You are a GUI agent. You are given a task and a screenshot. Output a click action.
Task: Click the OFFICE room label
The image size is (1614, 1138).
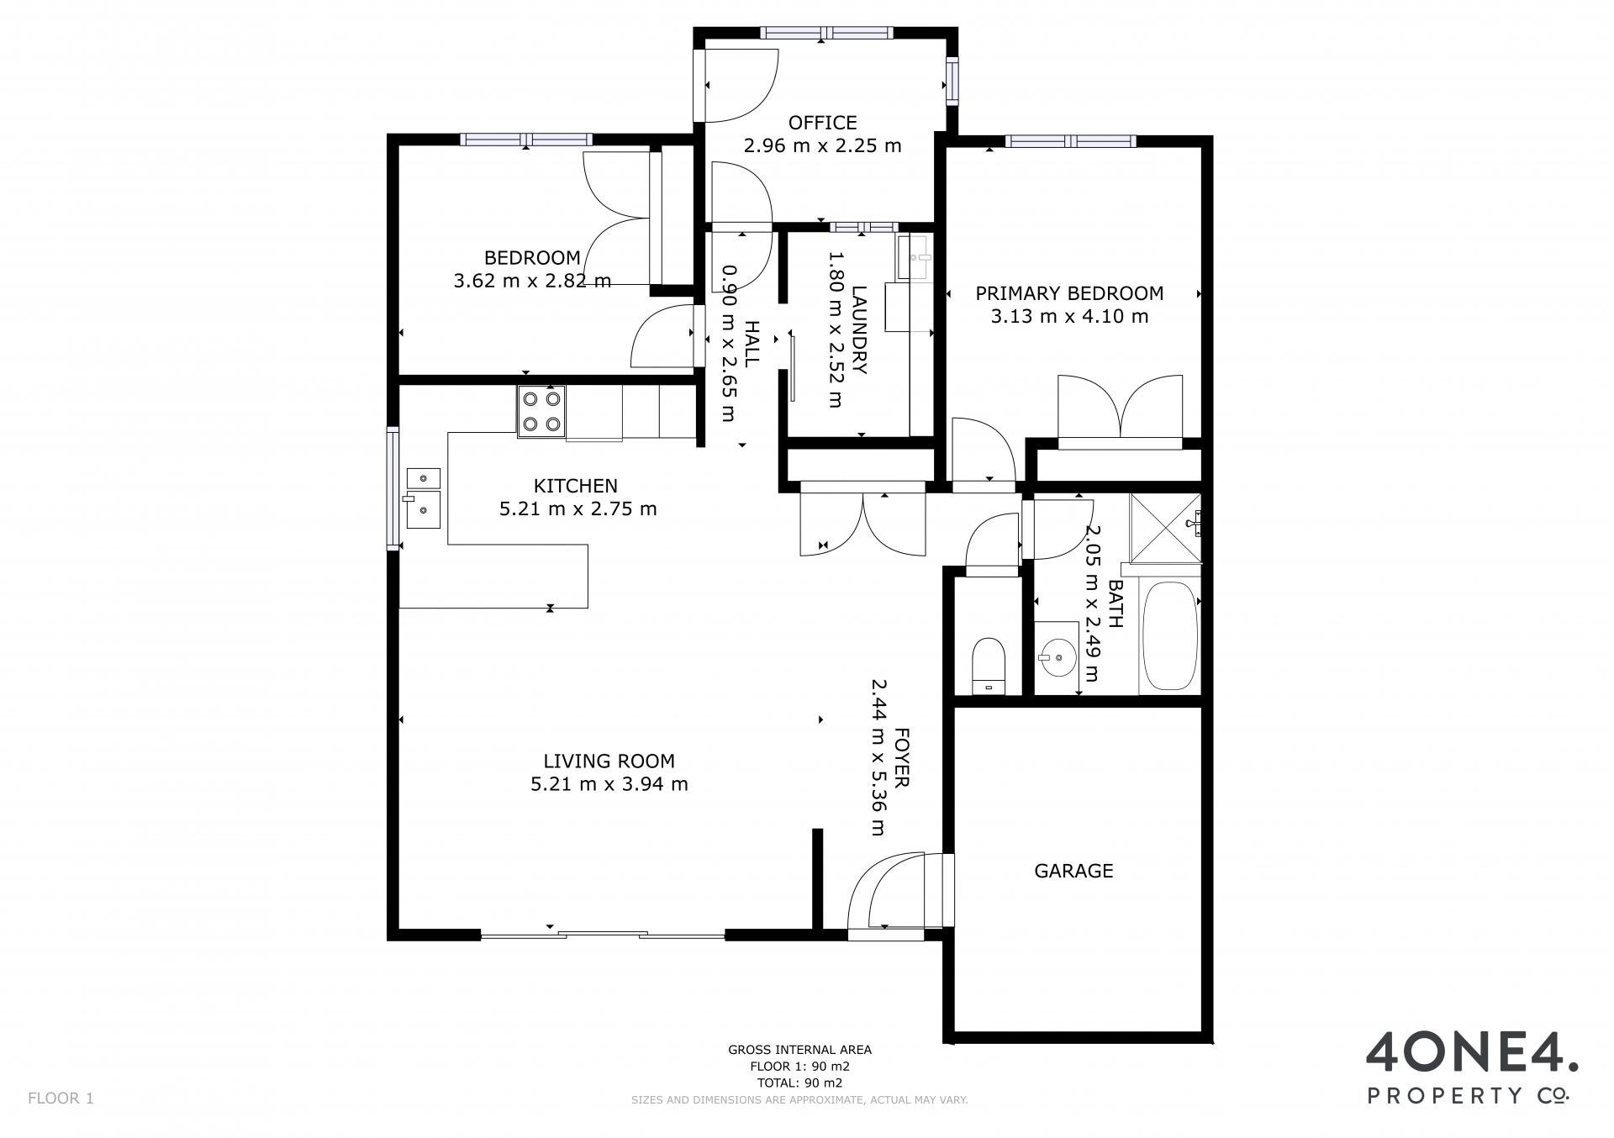[822, 123]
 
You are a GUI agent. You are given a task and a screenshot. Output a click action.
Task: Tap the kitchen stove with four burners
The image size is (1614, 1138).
[541, 412]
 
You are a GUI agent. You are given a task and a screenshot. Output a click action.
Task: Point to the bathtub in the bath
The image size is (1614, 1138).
[1168, 636]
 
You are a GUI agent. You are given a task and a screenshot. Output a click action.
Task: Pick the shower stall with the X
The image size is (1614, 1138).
[1165, 529]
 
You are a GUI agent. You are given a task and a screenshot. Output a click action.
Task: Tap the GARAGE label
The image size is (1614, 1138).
[1073, 871]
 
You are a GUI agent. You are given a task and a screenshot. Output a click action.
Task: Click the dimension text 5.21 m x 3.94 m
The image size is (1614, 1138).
[609, 784]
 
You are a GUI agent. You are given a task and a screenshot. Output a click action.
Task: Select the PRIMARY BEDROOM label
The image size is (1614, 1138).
[1069, 293]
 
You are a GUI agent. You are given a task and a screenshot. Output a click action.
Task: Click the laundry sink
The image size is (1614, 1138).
[915, 257]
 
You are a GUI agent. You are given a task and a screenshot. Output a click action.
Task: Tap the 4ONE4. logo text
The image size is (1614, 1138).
[1472, 1056]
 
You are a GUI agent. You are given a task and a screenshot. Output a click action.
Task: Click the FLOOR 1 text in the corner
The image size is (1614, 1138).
[61, 1098]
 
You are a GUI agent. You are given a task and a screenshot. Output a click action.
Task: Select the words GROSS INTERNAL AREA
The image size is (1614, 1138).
[799, 1050]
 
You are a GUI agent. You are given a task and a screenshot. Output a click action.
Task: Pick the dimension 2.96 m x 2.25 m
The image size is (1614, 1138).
[822, 145]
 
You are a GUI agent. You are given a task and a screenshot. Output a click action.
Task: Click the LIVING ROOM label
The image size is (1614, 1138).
[609, 761]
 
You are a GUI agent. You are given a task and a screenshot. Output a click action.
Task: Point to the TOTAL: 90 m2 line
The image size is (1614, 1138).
[799, 1083]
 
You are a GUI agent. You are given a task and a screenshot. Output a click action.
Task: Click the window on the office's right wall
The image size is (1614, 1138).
[952, 81]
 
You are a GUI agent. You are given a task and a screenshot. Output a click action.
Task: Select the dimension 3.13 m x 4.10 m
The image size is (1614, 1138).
[1069, 316]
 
